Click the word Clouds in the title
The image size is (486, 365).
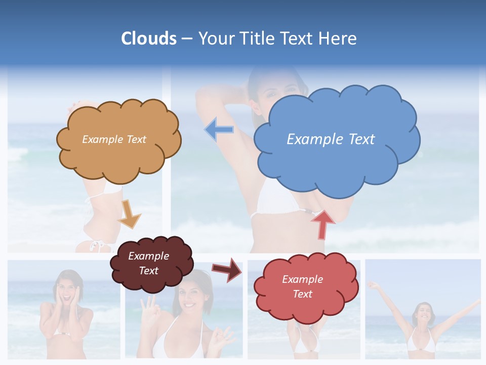click(149, 39)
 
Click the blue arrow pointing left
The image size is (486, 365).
click(219, 130)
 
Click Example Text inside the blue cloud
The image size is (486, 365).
click(331, 139)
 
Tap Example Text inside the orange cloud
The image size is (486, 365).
click(114, 139)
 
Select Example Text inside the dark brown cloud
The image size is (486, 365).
click(149, 263)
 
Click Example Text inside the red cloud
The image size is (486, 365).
click(302, 286)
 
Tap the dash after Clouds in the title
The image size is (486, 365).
click(187, 39)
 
